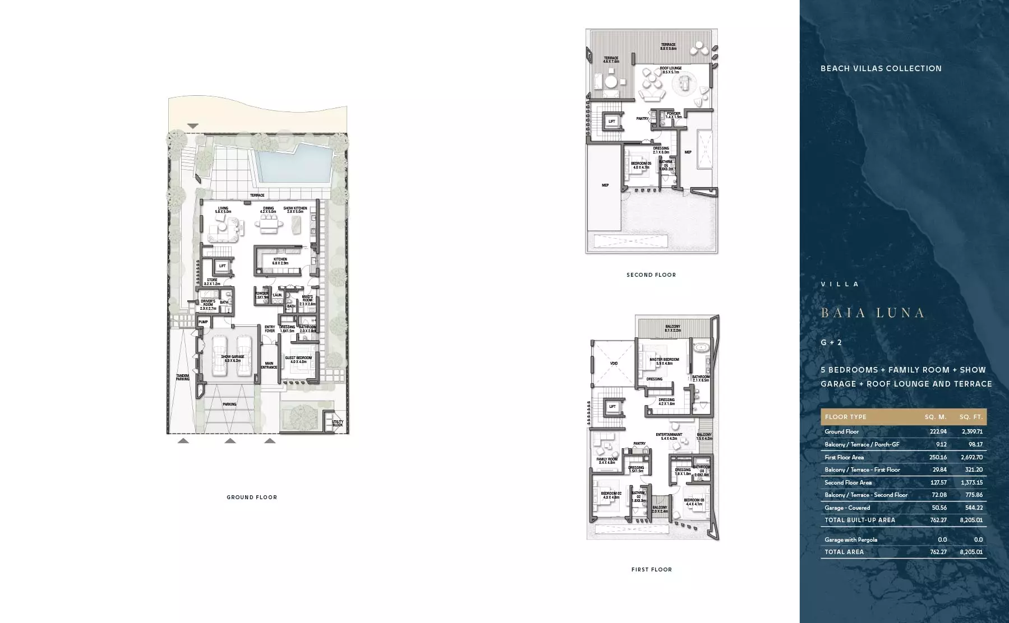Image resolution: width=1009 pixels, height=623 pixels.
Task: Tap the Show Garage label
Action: click(232, 359)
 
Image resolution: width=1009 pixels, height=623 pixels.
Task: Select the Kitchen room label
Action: click(280, 261)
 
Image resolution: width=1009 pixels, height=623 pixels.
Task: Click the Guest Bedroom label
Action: click(298, 360)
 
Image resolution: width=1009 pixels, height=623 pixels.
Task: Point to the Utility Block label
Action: click(338, 423)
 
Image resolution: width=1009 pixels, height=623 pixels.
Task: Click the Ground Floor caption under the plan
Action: click(252, 497)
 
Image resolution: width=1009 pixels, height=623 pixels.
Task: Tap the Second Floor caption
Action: click(651, 275)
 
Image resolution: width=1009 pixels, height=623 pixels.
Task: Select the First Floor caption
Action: click(651, 569)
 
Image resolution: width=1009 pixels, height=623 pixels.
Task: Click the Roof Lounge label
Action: click(671, 70)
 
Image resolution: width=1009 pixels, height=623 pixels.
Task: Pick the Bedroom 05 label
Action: click(641, 165)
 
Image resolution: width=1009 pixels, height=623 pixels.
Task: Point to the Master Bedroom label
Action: click(664, 361)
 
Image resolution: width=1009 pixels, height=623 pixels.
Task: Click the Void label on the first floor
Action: click(614, 364)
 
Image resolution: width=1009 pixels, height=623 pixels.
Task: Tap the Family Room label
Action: click(607, 461)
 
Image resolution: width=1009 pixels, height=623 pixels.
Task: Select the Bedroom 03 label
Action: click(694, 502)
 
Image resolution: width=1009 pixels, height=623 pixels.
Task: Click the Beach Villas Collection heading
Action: click(881, 68)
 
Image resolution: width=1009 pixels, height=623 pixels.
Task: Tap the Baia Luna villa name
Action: click(872, 313)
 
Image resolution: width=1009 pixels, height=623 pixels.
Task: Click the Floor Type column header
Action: click(845, 417)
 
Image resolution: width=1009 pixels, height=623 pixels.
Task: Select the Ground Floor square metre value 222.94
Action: click(938, 431)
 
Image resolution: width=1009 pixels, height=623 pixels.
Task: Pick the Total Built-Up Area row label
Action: click(860, 520)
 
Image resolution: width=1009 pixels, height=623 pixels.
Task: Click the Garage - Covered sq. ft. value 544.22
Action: click(971, 508)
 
